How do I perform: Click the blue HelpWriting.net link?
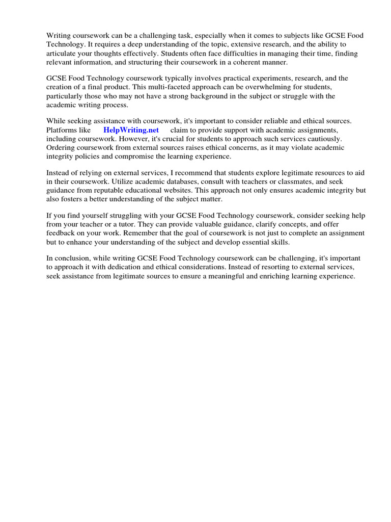coord(131,130)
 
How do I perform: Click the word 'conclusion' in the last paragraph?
coord(71,259)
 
